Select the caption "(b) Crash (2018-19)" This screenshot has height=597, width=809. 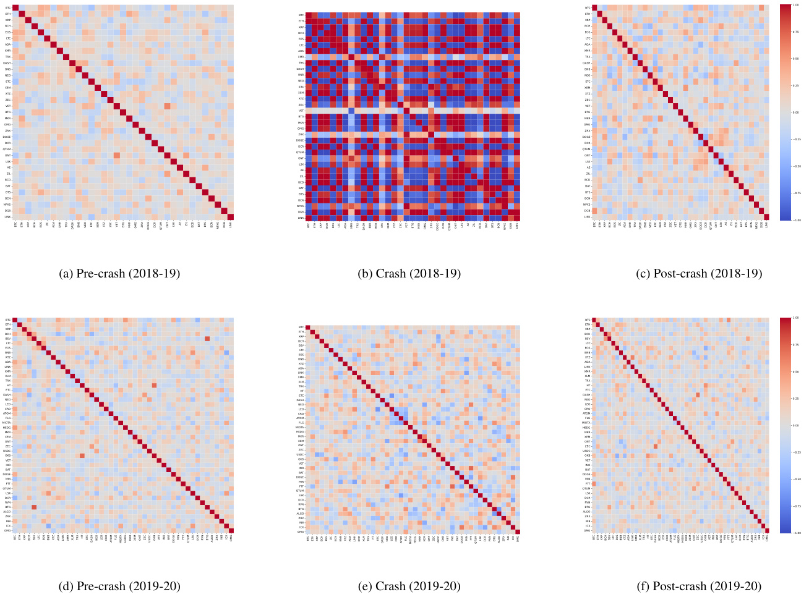click(409, 273)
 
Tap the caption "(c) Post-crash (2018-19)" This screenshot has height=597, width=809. click(699, 273)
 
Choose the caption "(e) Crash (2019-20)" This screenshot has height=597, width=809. click(409, 586)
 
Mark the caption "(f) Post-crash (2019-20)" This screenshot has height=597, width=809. click(699, 586)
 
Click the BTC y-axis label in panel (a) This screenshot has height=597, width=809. click(8, 7)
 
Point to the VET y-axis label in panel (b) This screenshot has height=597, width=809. click(301, 111)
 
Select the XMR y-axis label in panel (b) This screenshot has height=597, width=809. click(301, 56)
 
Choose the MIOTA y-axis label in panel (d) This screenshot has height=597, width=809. click(7, 423)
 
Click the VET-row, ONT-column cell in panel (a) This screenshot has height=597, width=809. click(167, 106)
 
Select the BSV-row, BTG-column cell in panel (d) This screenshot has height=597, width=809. click(207, 338)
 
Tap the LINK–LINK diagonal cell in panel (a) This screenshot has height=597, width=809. click(231, 216)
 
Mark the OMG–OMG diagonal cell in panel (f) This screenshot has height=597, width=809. click(767, 530)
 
